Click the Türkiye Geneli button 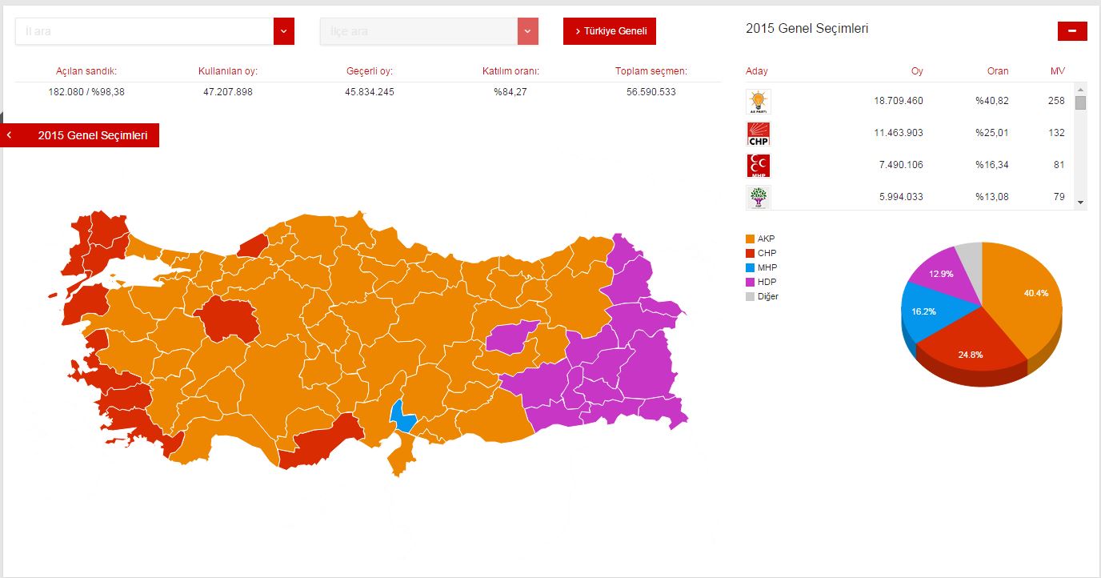[x=610, y=31]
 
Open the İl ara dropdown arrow [x=284, y=31]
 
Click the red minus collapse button [x=1072, y=31]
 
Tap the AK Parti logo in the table [x=758, y=102]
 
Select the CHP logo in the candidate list [x=758, y=134]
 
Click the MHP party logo [x=758, y=166]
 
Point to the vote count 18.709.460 [x=898, y=101]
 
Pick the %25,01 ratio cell [x=991, y=133]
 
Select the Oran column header [x=997, y=71]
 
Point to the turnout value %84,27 [x=510, y=92]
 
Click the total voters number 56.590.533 [x=651, y=92]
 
